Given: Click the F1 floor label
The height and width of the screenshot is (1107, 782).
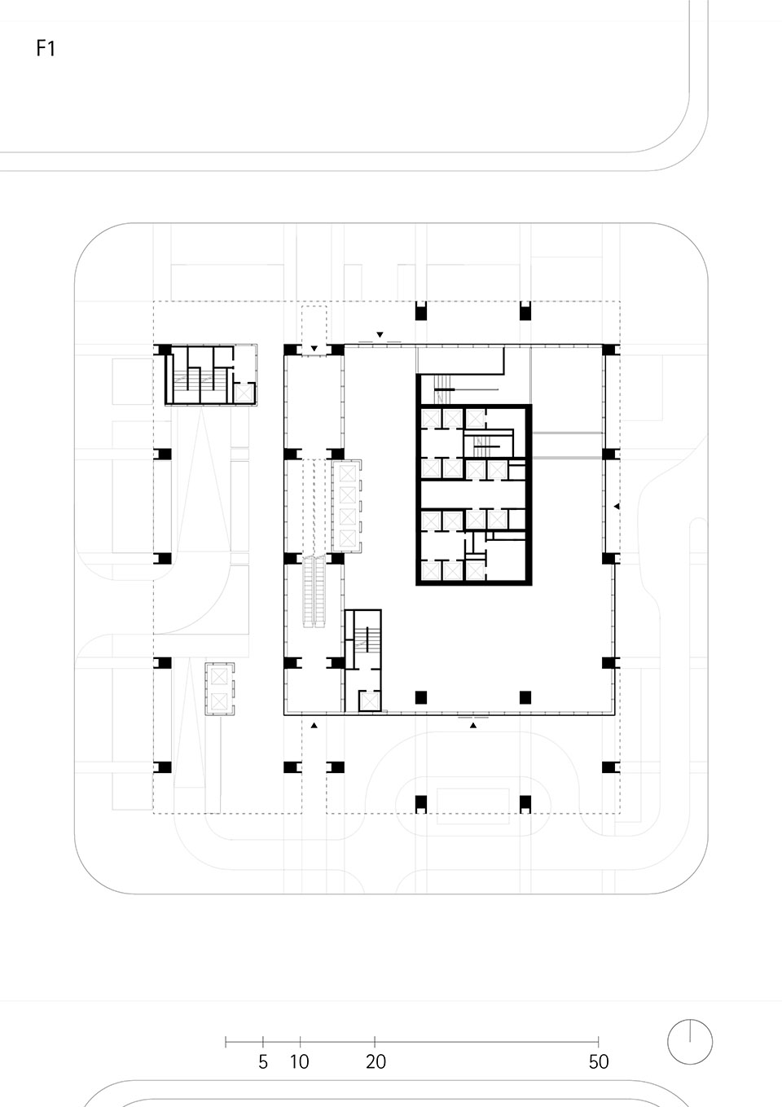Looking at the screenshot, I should (46, 49).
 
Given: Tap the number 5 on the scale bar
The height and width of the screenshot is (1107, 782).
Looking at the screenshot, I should (263, 1062).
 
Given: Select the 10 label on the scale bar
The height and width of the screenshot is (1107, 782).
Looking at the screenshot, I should (300, 1062).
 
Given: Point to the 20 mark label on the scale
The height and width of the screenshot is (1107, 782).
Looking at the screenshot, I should (376, 1062).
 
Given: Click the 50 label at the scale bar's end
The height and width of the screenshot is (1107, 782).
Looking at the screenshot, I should (599, 1062).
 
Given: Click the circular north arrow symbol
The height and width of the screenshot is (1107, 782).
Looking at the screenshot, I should (690, 1042).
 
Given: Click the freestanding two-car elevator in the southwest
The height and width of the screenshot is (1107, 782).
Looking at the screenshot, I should (218, 688).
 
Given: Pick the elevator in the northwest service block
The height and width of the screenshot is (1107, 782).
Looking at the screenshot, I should (243, 391).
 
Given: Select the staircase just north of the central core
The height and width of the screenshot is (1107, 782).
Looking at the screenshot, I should (443, 389).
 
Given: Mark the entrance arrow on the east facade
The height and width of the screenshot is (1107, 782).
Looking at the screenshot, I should (617, 507).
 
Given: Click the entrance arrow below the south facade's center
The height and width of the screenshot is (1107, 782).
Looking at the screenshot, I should (473, 724).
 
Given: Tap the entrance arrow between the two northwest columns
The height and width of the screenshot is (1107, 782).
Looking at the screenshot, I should (314, 349).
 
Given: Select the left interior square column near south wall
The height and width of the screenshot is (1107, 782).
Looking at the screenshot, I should (421, 696).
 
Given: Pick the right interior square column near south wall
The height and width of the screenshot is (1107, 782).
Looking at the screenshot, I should (525, 696).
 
